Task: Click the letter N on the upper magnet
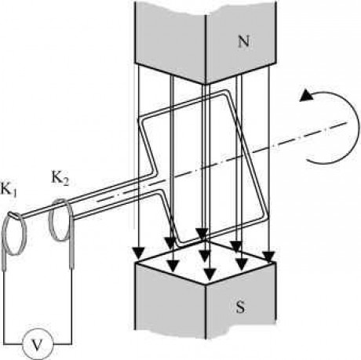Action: (243, 42)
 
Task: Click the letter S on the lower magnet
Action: (240, 307)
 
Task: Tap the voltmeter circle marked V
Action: (38, 345)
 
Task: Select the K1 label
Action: (9, 188)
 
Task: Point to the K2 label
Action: (60, 178)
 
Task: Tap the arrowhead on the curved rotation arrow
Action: (306, 95)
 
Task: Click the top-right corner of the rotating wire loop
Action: (227, 92)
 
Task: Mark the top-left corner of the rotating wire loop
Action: (140, 118)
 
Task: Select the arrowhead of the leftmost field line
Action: (138, 252)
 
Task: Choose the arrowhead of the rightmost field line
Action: (269, 256)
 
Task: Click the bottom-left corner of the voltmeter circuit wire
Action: (4, 344)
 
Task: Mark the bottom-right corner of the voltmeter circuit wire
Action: (71, 344)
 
